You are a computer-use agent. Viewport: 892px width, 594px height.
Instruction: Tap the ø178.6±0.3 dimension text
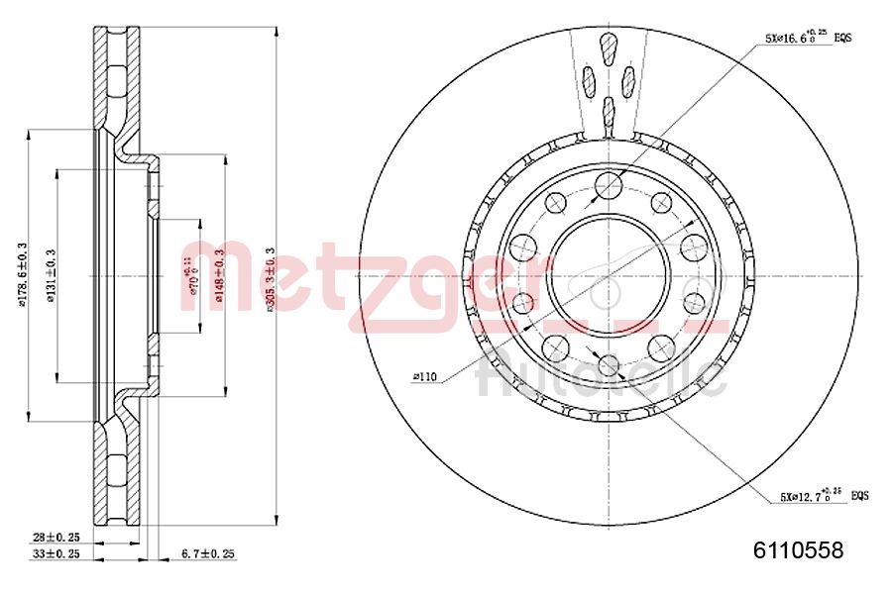pos(22,274)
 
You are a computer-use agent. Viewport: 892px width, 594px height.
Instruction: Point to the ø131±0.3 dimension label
pos(51,276)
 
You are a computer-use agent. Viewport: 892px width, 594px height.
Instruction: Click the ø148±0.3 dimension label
pos(220,276)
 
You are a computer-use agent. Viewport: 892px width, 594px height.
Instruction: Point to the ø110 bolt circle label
pos(424,376)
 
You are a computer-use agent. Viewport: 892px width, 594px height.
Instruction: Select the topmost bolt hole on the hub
pos(609,184)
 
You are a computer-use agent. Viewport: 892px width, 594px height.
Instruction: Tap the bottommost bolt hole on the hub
pos(609,365)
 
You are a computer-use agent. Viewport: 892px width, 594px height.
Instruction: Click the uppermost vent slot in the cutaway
pos(609,46)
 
